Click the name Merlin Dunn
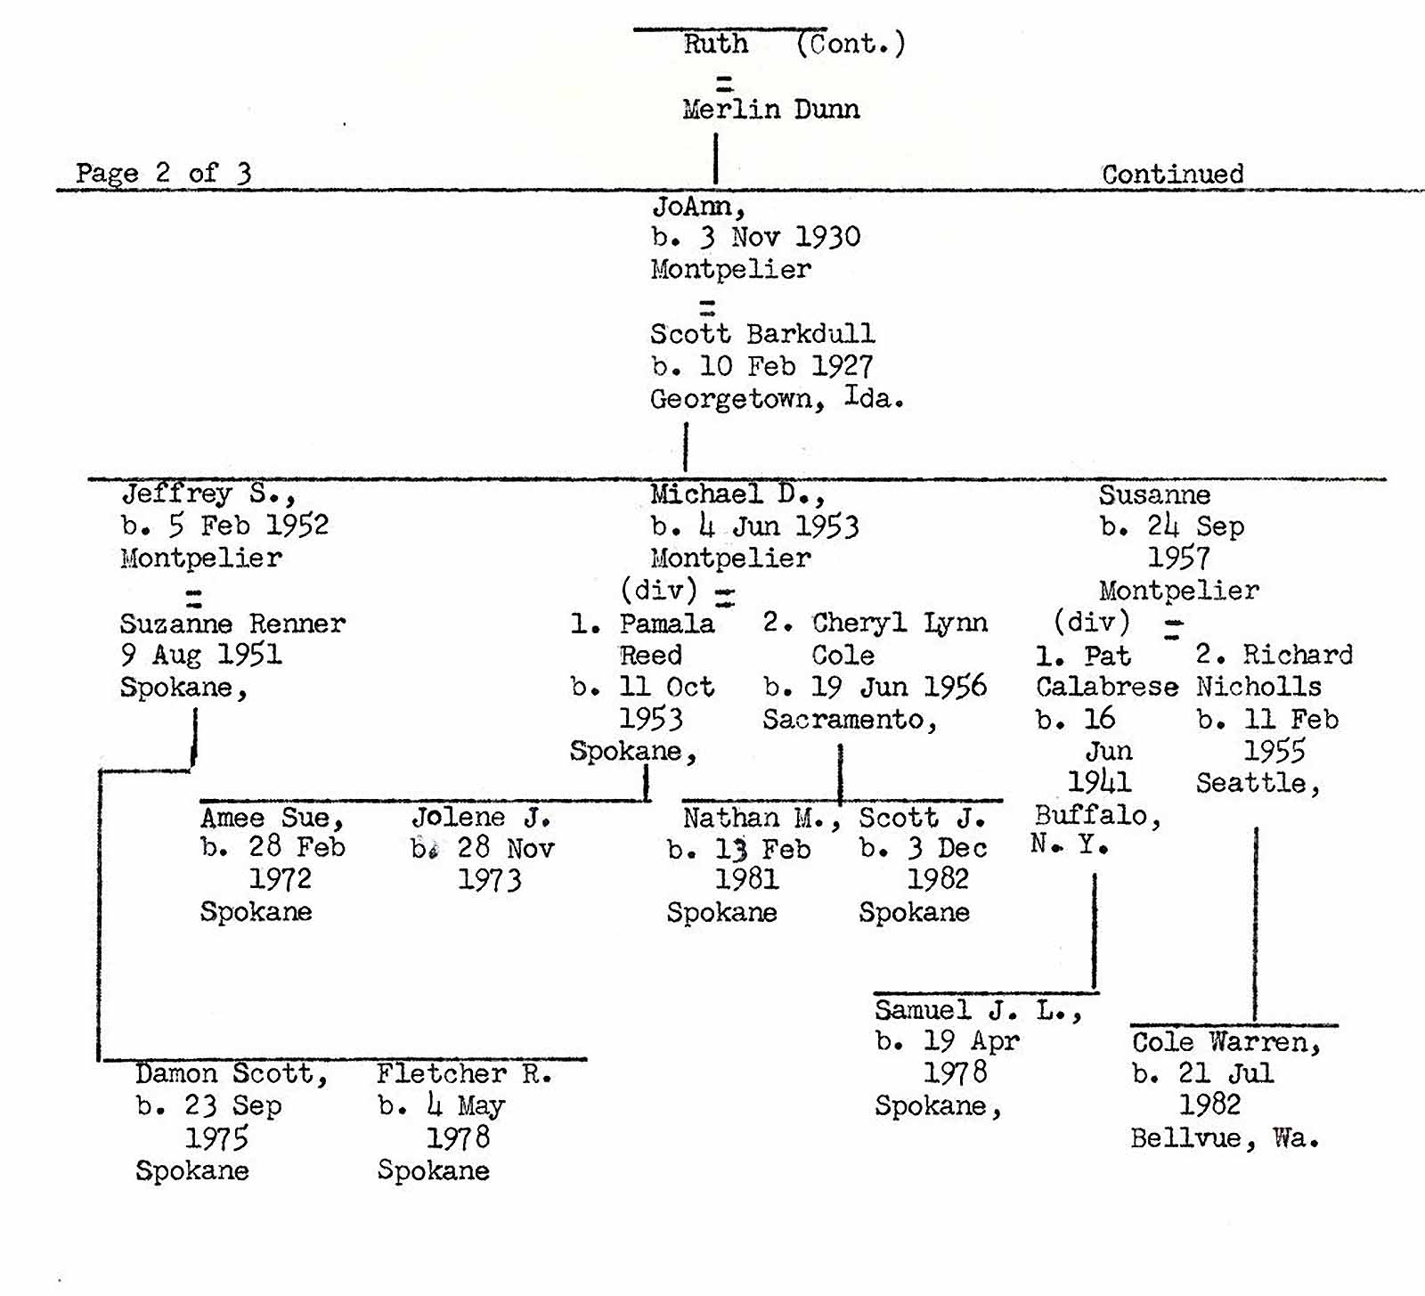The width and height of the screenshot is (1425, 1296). [770, 110]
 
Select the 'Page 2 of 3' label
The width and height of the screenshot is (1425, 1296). [163, 173]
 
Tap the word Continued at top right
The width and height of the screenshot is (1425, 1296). [1172, 174]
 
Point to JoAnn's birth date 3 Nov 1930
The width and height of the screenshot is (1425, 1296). [756, 237]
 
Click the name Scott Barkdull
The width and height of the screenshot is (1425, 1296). [762, 334]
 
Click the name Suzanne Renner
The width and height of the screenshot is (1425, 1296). [232, 624]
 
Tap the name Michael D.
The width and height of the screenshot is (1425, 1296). [737, 494]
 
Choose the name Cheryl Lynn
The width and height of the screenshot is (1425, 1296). [900, 623]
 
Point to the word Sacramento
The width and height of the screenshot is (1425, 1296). [849, 719]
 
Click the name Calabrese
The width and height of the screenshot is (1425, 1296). [1106, 687]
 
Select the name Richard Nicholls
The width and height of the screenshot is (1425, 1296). [1274, 670]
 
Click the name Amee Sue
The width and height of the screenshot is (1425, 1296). [272, 818]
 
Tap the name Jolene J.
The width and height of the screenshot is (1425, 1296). [481, 818]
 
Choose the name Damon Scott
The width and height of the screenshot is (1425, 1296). [232, 1074]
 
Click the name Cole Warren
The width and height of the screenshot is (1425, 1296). [1225, 1042]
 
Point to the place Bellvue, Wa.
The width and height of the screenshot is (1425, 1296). [1225, 1138]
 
